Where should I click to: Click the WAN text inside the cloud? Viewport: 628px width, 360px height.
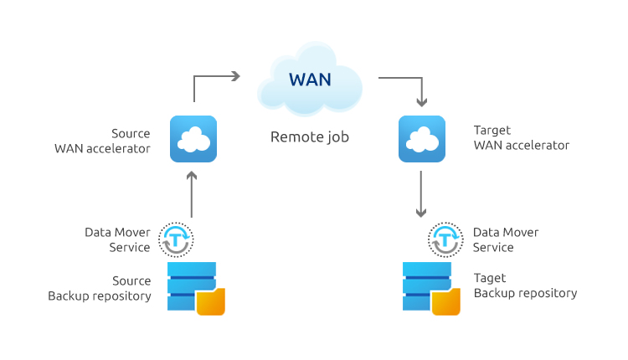click(x=310, y=80)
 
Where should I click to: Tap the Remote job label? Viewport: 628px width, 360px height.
click(x=309, y=136)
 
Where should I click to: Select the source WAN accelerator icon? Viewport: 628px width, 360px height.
click(x=193, y=139)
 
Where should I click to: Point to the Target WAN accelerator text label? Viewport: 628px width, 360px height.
click(x=521, y=138)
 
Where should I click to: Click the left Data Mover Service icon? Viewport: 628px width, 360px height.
click(x=177, y=239)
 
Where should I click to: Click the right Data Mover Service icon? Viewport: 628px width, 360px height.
click(x=445, y=239)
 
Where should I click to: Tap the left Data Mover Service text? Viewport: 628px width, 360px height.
click(x=117, y=239)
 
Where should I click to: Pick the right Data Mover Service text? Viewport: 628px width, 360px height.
click(x=506, y=239)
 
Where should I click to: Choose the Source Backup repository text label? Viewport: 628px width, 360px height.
click(x=100, y=287)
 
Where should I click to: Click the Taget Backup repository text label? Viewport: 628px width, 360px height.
click(x=525, y=285)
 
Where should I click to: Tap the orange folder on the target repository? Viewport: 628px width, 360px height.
click(x=445, y=301)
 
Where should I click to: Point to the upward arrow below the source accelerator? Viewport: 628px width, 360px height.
click(x=193, y=194)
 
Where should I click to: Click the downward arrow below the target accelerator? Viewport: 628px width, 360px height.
click(x=423, y=194)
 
